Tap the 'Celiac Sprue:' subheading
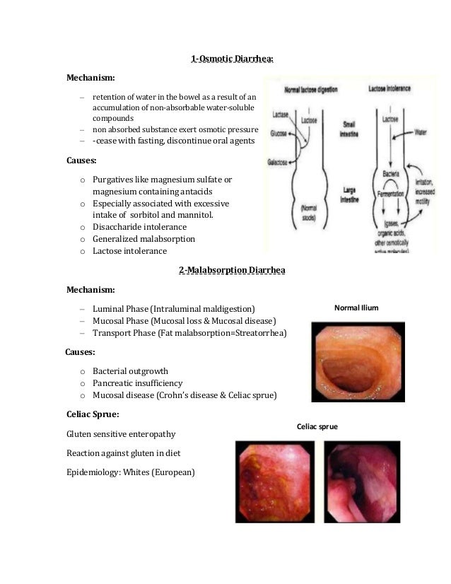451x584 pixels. click(93, 413)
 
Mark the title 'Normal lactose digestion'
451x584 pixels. click(311, 90)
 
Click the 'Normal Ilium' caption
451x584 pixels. click(356, 308)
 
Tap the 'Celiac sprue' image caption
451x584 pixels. click(317, 427)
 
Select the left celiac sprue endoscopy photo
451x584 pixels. click(275, 481)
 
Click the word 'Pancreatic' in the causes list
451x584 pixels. click(117, 383)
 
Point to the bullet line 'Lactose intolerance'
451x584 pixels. click(130, 250)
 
